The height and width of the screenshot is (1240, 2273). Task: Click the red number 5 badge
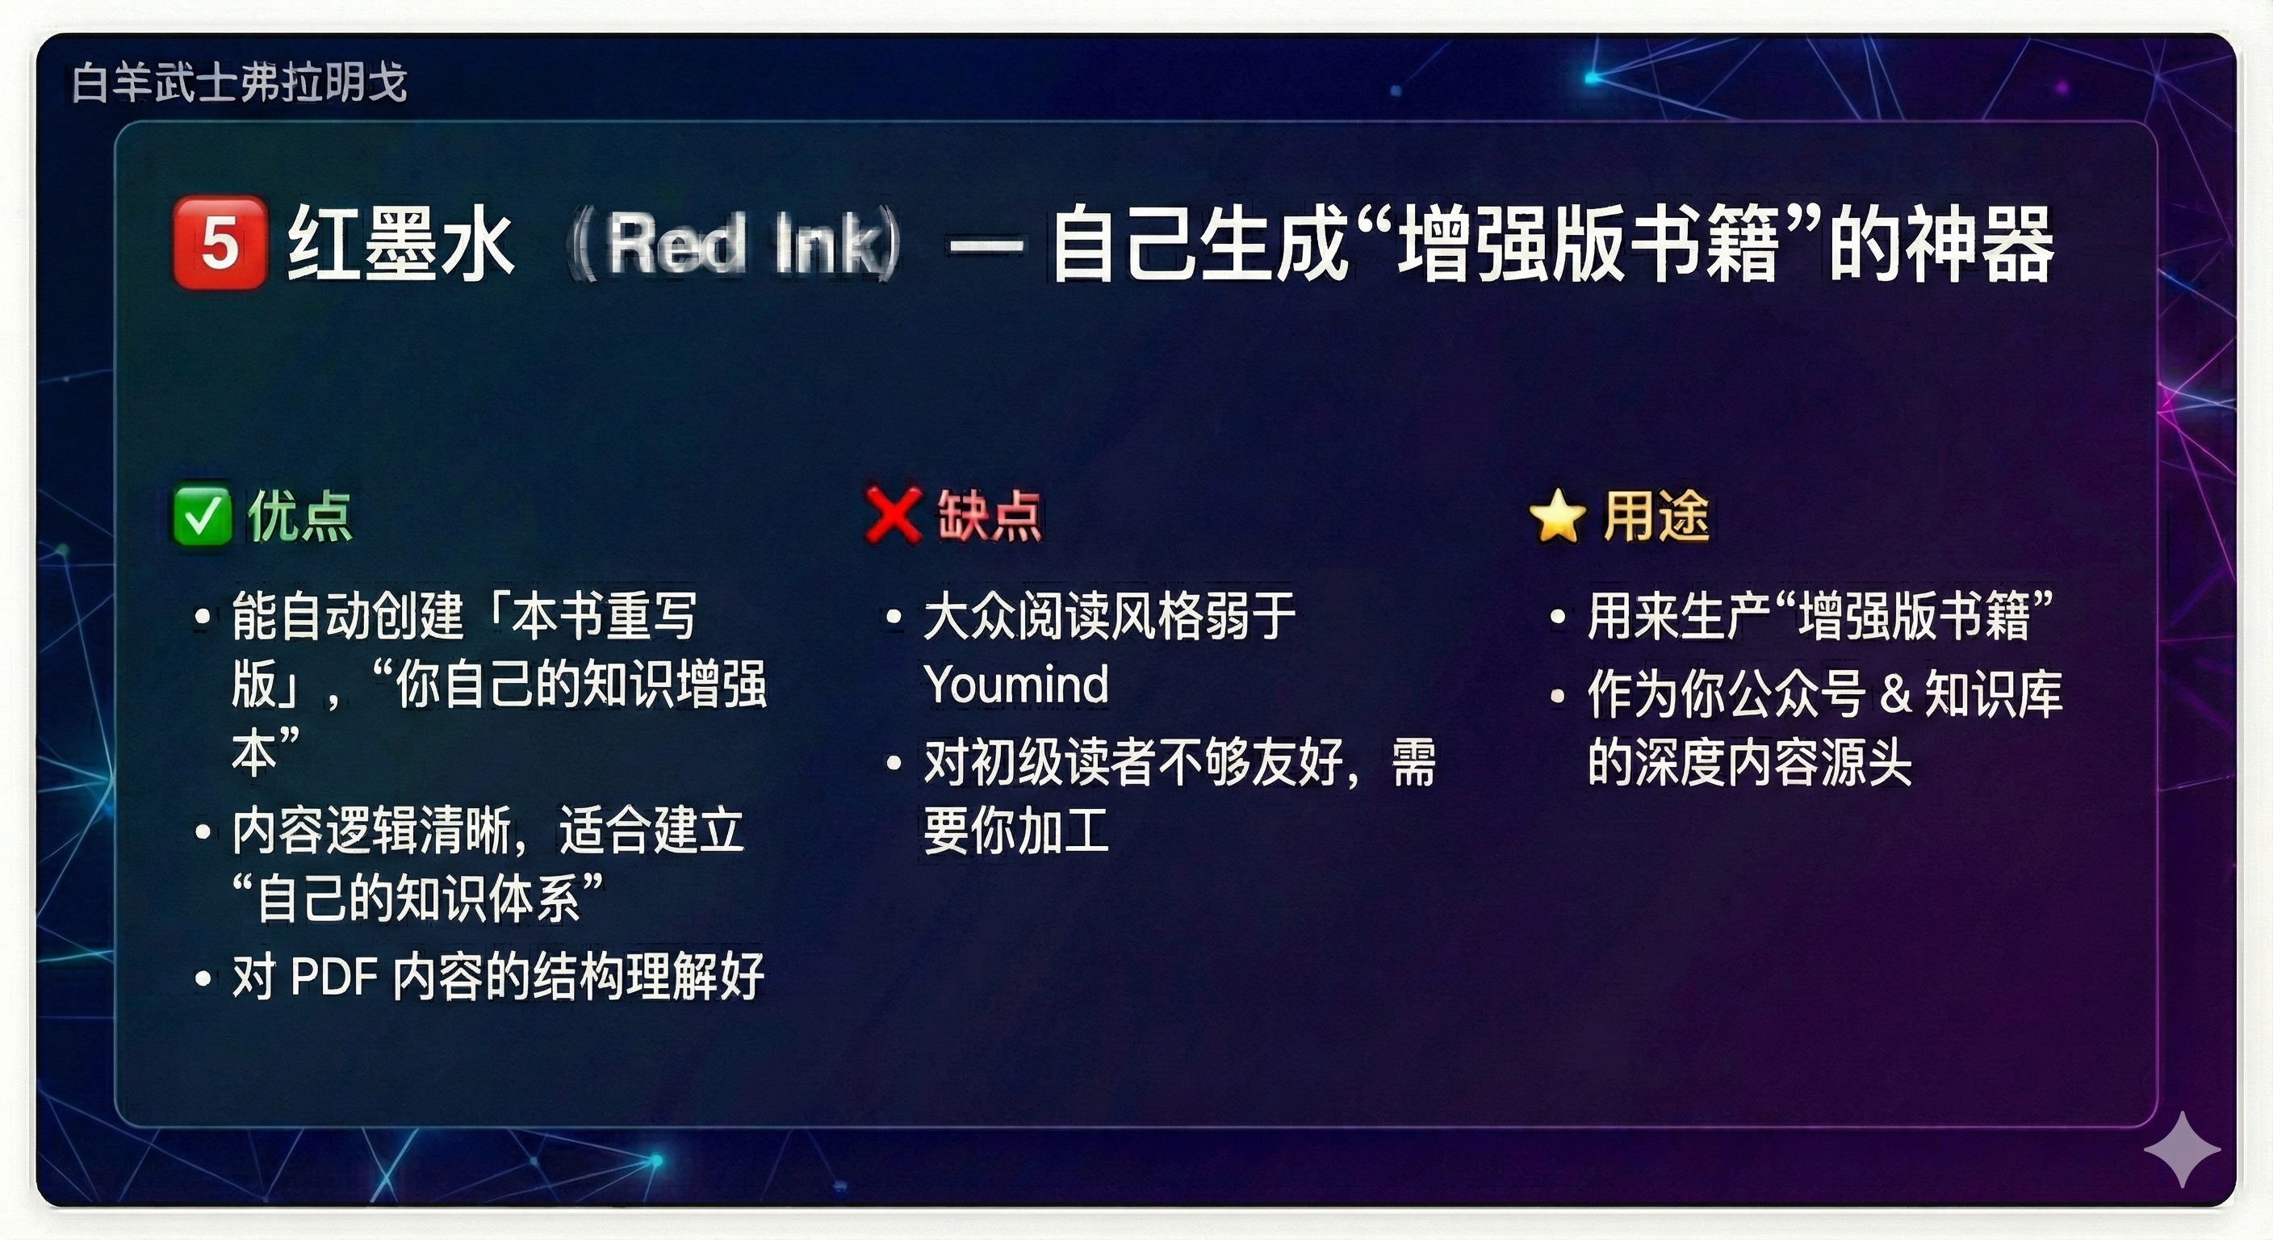220,243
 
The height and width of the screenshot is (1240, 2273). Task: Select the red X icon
893,514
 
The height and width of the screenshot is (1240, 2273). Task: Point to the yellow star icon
1557,515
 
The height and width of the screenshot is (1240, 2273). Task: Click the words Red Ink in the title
746,244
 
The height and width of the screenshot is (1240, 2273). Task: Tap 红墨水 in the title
400,244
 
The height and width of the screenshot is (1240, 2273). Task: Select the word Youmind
1016,685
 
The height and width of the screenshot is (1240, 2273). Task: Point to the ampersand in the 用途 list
1895,693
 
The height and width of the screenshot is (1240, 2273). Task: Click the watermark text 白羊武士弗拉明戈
239,83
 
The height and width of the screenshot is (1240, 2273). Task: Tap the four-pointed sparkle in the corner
2182,1149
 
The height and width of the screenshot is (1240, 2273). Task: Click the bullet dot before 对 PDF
203,978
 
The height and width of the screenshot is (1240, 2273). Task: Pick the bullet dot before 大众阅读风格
894,617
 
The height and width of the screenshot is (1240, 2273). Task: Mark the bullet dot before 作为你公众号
1559,695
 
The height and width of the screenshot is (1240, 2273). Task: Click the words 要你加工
1015,832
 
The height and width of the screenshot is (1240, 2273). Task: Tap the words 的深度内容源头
1750,763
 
